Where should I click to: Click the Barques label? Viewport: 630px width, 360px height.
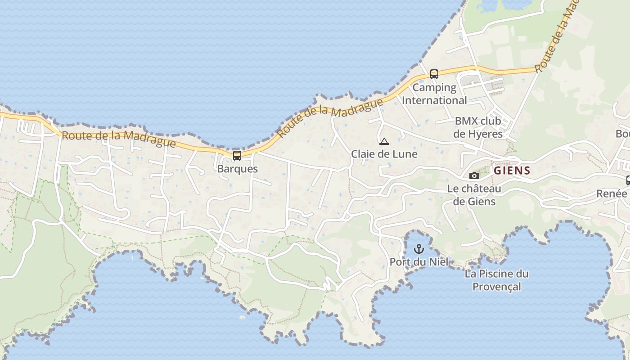(x=237, y=169)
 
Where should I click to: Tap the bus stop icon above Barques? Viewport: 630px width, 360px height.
(x=237, y=156)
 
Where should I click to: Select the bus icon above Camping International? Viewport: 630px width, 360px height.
(x=434, y=74)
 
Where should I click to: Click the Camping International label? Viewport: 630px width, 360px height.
(x=434, y=94)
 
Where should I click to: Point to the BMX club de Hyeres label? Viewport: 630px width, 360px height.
(x=478, y=127)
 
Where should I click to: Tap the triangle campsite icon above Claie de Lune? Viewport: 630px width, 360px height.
(x=384, y=142)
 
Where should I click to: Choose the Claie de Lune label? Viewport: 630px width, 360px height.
(x=384, y=154)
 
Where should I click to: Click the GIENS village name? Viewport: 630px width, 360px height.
(x=512, y=171)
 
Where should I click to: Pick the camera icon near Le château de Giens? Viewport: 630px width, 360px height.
(x=474, y=175)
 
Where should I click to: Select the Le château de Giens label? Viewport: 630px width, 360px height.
(x=474, y=195)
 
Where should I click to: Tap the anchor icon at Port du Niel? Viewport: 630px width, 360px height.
(x=419, y=248)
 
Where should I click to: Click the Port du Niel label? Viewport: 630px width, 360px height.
(x=419, y=261)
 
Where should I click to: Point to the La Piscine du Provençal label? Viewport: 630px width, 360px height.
(x=497, y=280)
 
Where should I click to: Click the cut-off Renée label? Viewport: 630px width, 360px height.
(x=612, y=193)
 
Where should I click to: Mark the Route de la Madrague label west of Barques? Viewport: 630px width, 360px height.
(x=118, y=139)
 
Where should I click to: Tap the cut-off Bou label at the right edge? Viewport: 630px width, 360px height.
(x=623, y=134)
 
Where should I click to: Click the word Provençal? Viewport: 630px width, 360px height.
(x=497, y=287)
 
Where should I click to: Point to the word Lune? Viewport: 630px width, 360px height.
(x=405, y=154)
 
